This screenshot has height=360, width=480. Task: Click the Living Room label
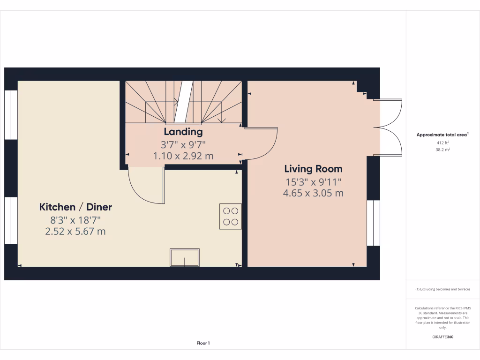click(313, 169)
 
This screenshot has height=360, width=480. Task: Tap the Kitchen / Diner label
click(75, 207)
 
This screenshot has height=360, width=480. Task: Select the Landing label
click(183, 132)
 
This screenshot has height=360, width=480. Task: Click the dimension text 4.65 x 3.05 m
click(313, 193)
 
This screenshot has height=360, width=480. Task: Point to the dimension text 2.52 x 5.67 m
click(75, 231)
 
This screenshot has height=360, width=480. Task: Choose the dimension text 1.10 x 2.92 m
click(183, 156)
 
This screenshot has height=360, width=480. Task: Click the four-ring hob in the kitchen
click(230, 216)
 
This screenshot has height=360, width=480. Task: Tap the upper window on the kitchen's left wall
click(11, 115)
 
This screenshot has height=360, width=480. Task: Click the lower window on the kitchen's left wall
click(11, 220)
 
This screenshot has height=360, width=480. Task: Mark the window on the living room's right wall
click(373, 223)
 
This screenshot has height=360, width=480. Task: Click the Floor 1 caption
click(203, 344)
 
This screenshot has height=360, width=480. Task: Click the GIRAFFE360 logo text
click(442, 337)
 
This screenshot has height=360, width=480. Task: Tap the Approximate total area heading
click(442, 135)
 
